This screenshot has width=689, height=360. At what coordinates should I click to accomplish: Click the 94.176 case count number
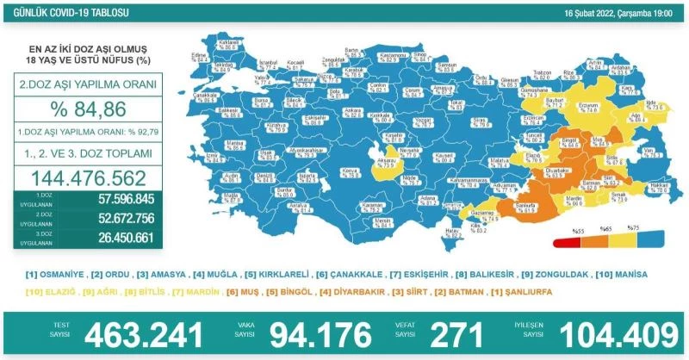[321, 333]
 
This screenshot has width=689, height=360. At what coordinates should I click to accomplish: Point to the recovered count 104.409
[618, 333]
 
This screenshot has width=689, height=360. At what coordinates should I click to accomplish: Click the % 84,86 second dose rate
[86, 109]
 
